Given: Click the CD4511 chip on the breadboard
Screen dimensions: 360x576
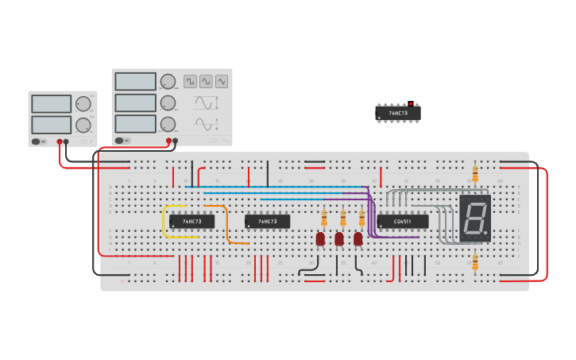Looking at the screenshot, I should [402, 222].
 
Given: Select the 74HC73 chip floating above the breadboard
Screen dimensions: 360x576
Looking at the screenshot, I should [397, 114].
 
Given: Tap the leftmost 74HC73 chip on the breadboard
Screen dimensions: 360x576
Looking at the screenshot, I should [191, 222].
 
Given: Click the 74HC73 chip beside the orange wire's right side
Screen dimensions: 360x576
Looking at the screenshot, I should [267, 222].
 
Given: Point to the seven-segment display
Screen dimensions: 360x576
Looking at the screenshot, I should [475, 218].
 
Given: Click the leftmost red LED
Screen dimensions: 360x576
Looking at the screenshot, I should [320, 238].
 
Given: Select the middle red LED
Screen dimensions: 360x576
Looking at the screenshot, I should [339, 238].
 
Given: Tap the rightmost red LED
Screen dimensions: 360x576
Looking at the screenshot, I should [358, 238].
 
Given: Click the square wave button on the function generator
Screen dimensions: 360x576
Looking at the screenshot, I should [191, 81].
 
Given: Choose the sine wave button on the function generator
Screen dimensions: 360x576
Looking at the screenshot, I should [206, 81].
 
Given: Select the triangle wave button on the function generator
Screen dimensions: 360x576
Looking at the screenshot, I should [222, 81].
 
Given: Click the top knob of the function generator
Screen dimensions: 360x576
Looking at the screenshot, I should [168, 82].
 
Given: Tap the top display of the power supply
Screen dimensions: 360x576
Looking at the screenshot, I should [52, 103].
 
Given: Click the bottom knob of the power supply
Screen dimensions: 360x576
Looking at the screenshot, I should [83, 125].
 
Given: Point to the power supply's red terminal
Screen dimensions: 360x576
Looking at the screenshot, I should [59, 142].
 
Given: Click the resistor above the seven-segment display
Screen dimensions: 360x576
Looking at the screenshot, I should [475, 174].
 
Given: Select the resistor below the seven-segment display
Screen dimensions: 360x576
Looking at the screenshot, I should [475, 262].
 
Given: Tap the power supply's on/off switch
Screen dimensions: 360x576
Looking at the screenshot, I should [37, 141].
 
